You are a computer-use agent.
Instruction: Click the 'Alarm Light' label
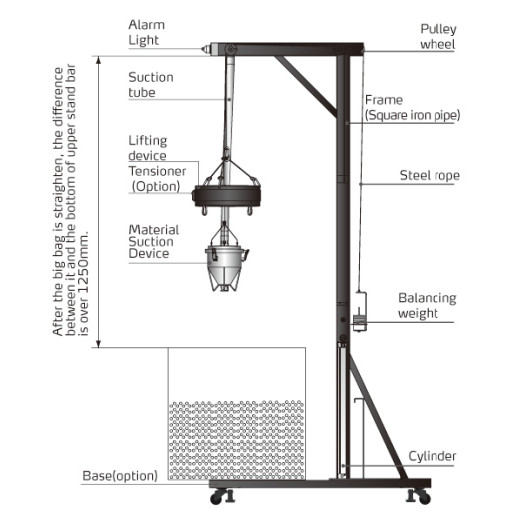click(147, 32)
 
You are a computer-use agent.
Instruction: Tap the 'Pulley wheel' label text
click(438, 36)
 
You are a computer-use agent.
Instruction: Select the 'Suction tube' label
click(151, 85)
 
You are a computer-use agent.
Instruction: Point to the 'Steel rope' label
click(430, 175)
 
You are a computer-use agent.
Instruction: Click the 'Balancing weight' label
click(427, 305)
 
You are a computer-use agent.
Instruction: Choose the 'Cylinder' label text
click(432, 456)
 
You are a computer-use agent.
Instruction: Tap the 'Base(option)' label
click(120, 476)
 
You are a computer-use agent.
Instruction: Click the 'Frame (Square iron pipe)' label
click(412, 107)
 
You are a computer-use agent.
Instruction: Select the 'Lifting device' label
click(148, 148)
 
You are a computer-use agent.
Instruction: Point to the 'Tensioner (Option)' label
click(157, 178)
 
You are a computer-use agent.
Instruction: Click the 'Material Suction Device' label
click(154, 241)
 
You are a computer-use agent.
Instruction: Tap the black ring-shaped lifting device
click(226, 196)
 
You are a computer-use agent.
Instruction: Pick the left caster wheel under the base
click(218, 497)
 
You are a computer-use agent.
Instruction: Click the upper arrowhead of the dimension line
click(98, 60)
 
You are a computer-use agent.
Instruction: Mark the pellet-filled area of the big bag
click(237, 440)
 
